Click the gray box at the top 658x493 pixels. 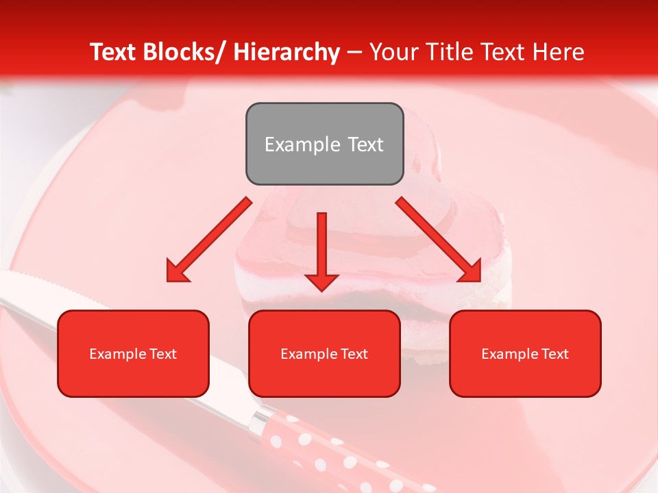pos(324,144)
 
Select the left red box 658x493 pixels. pos(133,353)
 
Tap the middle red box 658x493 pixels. pos(324,353)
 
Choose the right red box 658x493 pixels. pos(525,353)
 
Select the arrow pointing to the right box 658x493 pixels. pos(439,240)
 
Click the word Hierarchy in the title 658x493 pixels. pos(287,52)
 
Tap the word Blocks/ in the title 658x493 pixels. pos(183,52)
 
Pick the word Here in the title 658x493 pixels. pos(559,52)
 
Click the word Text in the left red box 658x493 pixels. pos(162,354)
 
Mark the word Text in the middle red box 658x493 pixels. pos(354,354)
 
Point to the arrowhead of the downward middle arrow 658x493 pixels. pos(321,281)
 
